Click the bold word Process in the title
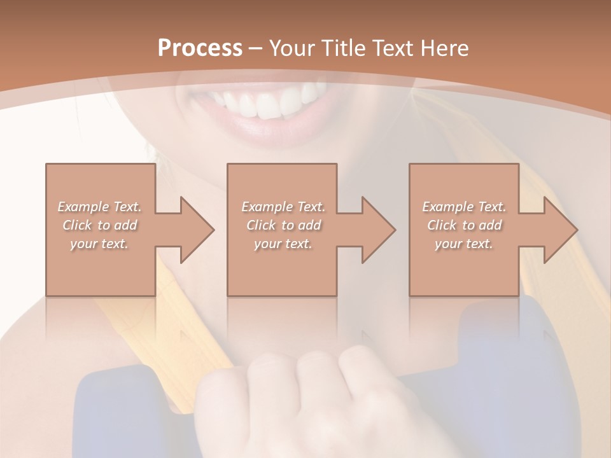point(200,48)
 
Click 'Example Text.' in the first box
point(99,207)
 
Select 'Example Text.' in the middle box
point(283,207)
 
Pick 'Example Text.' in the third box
point(464,207)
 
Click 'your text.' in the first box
point(99,244)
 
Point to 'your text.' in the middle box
point(283,244)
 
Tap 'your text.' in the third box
point(464,244)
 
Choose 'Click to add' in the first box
point(99,225)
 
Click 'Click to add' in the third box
point(464,225)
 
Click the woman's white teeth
point(270,102)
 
